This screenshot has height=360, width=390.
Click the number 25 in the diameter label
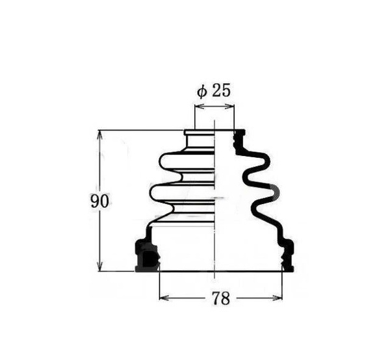(x=222, y=90)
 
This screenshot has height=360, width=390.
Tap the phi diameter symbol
(x=202, y=91)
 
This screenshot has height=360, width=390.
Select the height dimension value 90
(x=99, y=201)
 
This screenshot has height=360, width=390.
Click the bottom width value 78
(x=220, y=298)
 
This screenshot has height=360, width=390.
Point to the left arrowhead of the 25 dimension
(x=200, y=107)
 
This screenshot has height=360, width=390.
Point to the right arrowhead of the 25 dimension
(x=229, y=107)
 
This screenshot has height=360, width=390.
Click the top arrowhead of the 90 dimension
(x=99, y=135)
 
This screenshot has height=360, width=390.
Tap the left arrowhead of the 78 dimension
(x=164, y=298)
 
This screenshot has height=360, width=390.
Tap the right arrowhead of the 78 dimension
(x=278, y=298)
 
